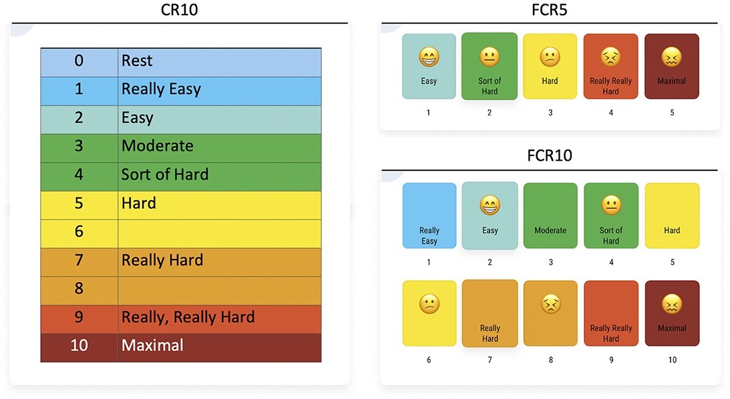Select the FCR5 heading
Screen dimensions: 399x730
click(550, 10)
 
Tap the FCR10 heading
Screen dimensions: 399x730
click(550, 156)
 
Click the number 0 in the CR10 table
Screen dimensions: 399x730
click(79, 61)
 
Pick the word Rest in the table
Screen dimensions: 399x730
click(137, 61)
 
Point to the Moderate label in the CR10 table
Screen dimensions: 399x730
click(157, 146)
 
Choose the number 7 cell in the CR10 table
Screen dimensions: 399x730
click(79, 260)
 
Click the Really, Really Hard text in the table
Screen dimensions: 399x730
click(188, 317)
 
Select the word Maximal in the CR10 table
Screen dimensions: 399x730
click(152, 346)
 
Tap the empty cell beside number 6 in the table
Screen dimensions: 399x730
click(219, 232)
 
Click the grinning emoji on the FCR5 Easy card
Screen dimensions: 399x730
click(429, 58)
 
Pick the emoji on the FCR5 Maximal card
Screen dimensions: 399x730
click(671, 58)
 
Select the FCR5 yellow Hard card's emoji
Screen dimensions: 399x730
click(550, 58)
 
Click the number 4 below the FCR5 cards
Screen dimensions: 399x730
click(610, 113)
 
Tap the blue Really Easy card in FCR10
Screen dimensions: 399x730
click(429, 216)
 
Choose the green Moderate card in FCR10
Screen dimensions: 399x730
click(550, 216)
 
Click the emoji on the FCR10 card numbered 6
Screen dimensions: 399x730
click(429, 305)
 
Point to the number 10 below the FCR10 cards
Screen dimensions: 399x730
click(672, 360)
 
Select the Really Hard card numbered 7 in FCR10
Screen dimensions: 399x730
click(490, 314)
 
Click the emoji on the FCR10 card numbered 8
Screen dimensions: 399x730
click(550, 305)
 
